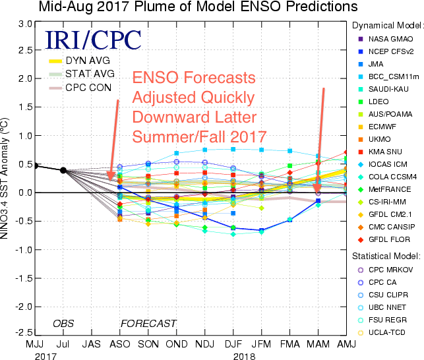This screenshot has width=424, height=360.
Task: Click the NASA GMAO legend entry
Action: [394, 39]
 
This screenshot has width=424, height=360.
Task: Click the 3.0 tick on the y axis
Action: [25, 24]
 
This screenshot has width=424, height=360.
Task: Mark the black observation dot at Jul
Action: [63, 170]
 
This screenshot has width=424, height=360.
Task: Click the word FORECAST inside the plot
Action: [148, 324]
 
